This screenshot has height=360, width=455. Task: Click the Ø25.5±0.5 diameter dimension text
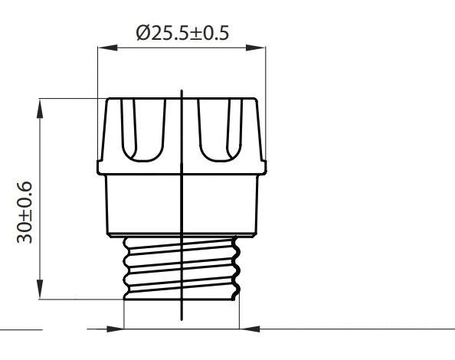(182, 33)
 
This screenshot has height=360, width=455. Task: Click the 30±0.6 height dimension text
(25, 213)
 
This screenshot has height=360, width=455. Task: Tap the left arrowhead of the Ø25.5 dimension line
(108, 47)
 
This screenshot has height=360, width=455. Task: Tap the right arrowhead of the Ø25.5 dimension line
(256, 47)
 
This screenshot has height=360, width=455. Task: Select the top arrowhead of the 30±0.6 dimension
(40, 109)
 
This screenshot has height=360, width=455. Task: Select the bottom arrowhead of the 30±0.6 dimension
(40, 290)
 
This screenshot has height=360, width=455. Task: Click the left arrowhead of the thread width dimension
(115, 329)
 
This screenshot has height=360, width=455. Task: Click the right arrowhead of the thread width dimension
(250, 329)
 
